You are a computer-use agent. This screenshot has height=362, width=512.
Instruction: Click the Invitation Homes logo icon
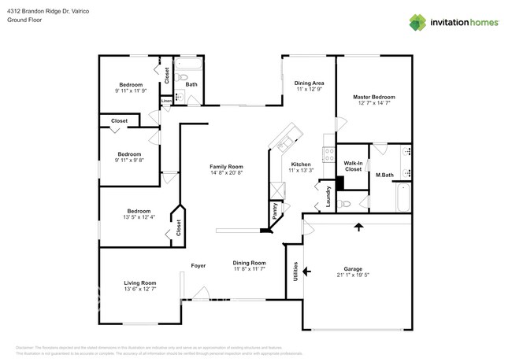416,22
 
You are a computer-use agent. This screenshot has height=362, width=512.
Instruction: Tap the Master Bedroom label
373,97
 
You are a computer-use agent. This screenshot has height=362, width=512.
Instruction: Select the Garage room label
352,268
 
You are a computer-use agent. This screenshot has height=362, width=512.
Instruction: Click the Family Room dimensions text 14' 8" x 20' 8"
226,173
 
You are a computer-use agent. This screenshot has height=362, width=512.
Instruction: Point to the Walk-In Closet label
353,166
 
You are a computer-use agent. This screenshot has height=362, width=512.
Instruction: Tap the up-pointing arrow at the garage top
359,227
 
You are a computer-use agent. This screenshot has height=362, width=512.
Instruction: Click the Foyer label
198,266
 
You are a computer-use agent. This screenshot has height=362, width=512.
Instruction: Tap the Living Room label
139,283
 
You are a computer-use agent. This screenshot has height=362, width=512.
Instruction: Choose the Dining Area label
310,83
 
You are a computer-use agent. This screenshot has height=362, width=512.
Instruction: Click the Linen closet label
166,101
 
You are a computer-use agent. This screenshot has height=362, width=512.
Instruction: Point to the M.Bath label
384,175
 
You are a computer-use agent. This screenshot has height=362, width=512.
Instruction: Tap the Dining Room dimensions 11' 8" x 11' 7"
249,269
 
